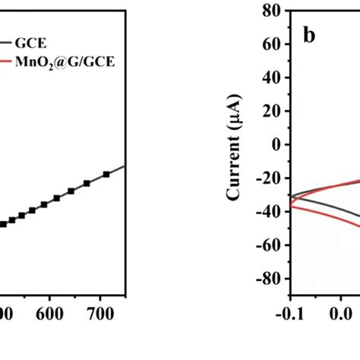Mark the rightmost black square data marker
coord(106,174)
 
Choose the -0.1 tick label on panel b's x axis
coord(290,312)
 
